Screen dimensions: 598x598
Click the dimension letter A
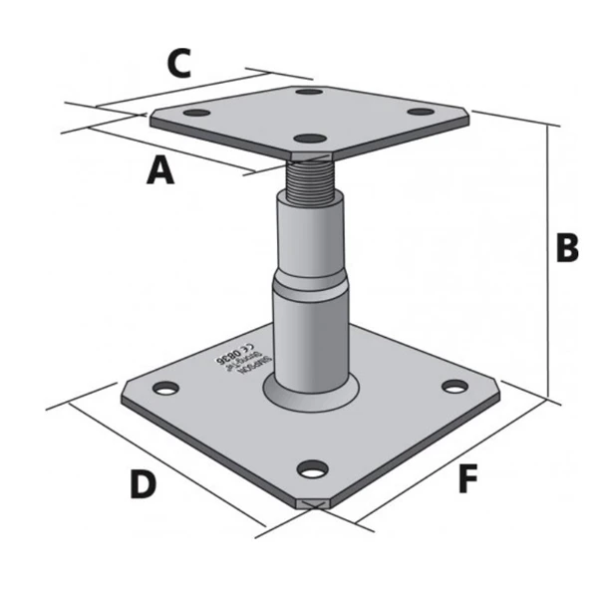(x=160, y=170)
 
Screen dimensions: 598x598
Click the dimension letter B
(x=566, y=248)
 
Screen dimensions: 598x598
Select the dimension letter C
(x=178, y=64)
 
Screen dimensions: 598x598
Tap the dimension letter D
(x=144, y=484)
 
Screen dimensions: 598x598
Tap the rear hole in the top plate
(x=310, y=93)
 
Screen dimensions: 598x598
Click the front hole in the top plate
(x=312, y=138)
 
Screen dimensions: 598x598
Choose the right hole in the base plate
(x=454, y=387)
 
